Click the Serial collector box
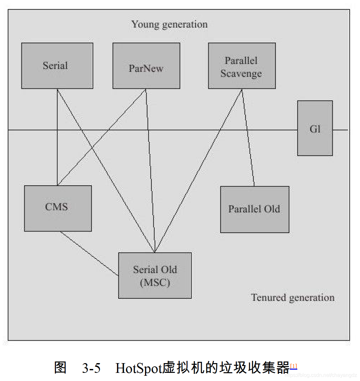[x=57, y=66]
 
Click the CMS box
[x=58, y=208]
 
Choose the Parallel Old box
[x=254, y=209]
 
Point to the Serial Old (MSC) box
[x=155, y=275]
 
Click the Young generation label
[x=169, y=24]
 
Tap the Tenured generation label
[x=292, y=297]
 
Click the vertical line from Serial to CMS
[x=57, y=156]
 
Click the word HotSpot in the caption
[x=138, y=368]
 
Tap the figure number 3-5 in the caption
[x=91, y=368]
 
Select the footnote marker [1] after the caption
[x=293, y=366]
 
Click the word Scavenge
[x=241, y=74]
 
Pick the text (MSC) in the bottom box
[x=155, y=282]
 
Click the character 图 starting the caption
[x=60, y=368]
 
